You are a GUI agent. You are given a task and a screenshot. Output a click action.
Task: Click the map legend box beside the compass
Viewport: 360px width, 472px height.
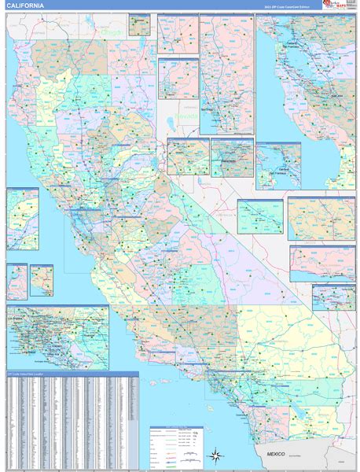tap(176, 444)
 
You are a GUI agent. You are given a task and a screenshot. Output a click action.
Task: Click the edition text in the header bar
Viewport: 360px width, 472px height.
tap(287, 6)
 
